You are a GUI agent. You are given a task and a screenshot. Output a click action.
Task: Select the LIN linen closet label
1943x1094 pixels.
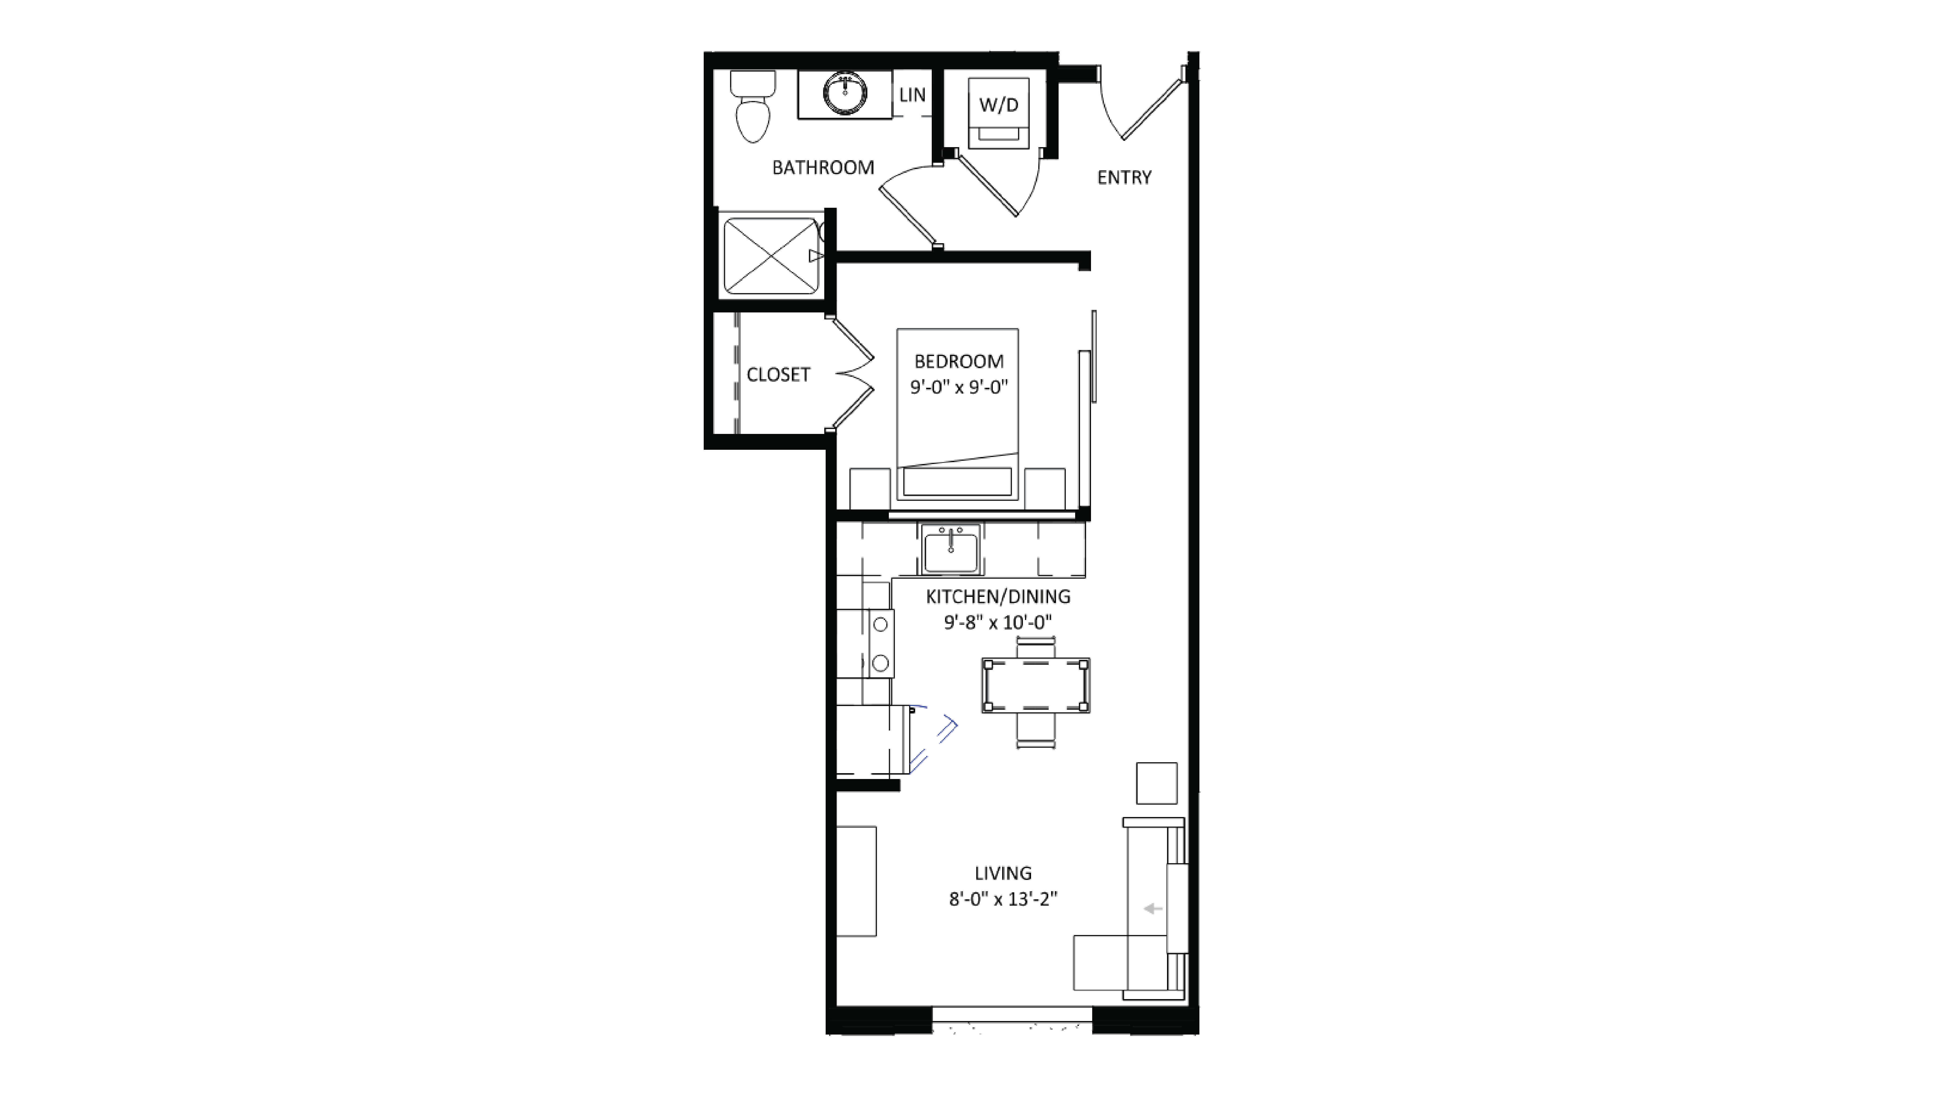[x=912, y=95]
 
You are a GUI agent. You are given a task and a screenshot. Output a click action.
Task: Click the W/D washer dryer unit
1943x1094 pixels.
[x=999, y=106]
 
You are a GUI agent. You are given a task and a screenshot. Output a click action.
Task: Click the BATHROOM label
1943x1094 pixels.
[x=823, y=167]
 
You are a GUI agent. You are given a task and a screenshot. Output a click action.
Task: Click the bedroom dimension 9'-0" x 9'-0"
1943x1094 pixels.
[x=959, y=387]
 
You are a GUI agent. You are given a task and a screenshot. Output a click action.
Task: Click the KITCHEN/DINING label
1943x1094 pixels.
[x=998, y=597]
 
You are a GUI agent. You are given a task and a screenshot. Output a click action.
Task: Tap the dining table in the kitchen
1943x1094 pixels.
[x=1036, y=685]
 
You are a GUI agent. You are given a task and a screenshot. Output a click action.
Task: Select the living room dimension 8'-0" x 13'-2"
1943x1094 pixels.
[x=1003, y=899]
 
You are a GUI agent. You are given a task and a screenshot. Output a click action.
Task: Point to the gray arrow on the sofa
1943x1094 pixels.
[x=1153, y=909]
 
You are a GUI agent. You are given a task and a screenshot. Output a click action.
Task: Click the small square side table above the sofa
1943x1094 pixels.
[x=1156, y=783]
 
